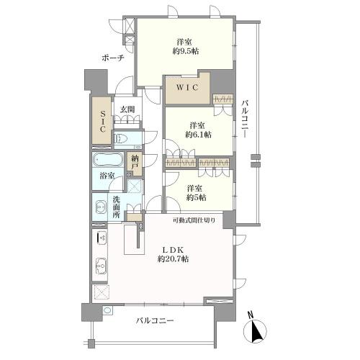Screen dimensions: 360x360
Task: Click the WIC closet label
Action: click(x=187, y=87)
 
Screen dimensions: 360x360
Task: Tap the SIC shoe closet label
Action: click(x=102, y=121)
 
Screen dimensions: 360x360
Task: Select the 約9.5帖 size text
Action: click(x=185, y=51)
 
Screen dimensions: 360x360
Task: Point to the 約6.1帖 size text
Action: click(x=198, y=135)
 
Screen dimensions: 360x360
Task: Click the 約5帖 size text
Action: click(x=197, y=197)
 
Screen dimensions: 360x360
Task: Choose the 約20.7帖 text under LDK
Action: click(x=173, y=259)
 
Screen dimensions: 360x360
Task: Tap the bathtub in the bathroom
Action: click(x=107, y=159)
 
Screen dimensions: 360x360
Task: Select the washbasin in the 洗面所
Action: click(x=101, y=207)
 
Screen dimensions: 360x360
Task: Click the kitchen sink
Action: click(x=101, y=266)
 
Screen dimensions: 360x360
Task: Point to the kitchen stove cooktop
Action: click(x=101, y=238)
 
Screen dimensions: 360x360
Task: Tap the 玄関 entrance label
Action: click(x=127, y=109)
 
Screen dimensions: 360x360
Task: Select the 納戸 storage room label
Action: click(x=135, y=163)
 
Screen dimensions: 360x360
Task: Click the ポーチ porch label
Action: click(x=112, y=58)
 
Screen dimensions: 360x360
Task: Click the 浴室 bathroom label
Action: click(x=107, y=176)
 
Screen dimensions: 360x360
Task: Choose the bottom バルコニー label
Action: click(x=155, y=320)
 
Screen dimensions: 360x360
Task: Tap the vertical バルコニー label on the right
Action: click(x=245, y=120)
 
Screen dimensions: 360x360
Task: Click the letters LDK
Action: click(x=173, y=250)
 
